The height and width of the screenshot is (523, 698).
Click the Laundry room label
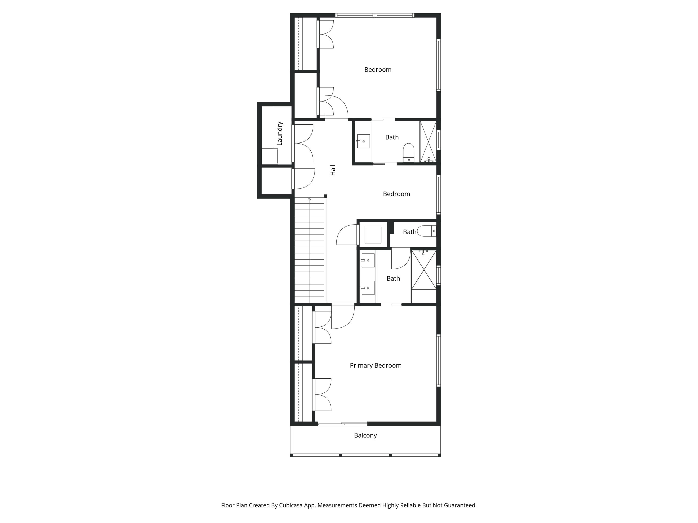(x=280, y=133)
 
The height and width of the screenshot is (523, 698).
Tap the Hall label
(x=332, y=170)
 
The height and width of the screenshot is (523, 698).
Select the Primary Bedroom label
(x=376, y=365)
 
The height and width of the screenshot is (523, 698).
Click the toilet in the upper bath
(x=409, y=153)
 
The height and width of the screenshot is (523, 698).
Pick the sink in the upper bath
(x=363, y=141)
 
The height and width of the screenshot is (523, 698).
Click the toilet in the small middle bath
(x=426, y=231)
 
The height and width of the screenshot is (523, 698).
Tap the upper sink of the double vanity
(x=368, y=260)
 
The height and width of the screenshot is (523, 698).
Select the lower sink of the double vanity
(x=368, y=288)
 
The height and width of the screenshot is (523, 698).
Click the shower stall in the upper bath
(x=428, y=142)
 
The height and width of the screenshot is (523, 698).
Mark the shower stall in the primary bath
(x=424, y=270)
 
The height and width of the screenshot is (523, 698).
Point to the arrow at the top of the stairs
(x=309, y=199)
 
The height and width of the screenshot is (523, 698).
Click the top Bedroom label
(x=378, y=70)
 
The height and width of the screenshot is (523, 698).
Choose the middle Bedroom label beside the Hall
(x=396, y=194)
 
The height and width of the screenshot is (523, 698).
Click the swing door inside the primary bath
(x=400, y=259)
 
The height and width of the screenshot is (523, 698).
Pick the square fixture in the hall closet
(x=373, y=235)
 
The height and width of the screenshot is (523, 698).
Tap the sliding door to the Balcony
(x=342, y=424)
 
